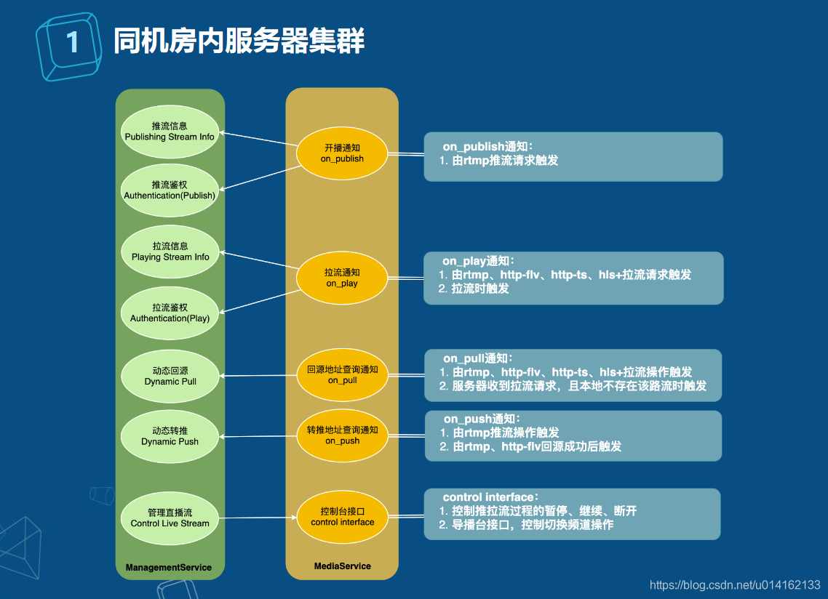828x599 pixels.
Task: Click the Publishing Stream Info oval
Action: click(x=170, y=132)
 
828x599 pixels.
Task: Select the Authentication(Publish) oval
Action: click(x=170, y=190)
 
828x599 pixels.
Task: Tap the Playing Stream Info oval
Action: click(x=170, y=252)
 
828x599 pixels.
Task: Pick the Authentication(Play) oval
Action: click(x=170, y=313)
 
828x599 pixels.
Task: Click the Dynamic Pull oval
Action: click(x=170, y=376)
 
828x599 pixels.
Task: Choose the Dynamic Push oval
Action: click(x=170, y=436)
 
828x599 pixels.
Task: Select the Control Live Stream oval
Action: click(x=170, y=518)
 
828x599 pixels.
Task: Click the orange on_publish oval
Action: click(x=342, y=153)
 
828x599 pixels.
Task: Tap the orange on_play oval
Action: click(x=342, y=278)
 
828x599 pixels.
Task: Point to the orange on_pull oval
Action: click(x=342, y=375)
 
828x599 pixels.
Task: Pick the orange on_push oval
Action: click(x=342, y=435)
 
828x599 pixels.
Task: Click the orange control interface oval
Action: click(x=342, y=517)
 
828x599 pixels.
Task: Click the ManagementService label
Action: click(x=169, y=567)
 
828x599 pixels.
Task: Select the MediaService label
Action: click(x=342, y=566)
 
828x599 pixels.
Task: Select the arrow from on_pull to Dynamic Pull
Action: click(x=258, y=376)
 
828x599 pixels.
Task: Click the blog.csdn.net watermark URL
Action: click(x=734, y=584)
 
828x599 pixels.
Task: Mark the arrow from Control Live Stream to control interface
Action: click(x=258, y=518)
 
